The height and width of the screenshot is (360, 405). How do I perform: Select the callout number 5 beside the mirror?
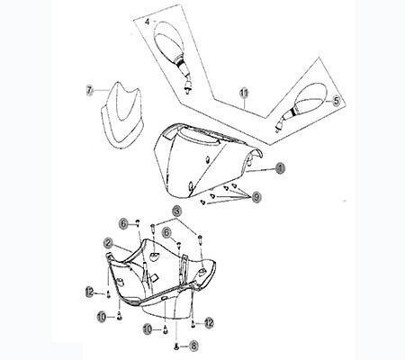pyautogui.click(x=337, y=102)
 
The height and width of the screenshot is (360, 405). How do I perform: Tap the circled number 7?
pyautogui.click(x=90, y=90)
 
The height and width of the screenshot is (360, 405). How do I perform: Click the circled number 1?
pyautogui.click(x=280, y=167)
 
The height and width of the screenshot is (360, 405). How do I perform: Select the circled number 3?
pyautogui.click(x=178, y=211)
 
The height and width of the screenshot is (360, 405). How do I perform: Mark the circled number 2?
pyautogui.click(x=107, y=243)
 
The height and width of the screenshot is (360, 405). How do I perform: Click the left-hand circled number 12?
pyautogui.click(x=89, y=290)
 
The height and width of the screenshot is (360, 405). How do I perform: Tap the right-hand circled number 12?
pyautogui.click(x=208, y=321)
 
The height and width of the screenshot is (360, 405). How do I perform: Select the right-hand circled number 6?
pyautogui.click(x=166, y=231)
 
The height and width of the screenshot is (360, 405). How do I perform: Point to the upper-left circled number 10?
pyautogui.click(x=102, y=315)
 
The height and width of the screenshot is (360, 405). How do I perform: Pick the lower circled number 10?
pyautogui.click(x=147, y=329)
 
